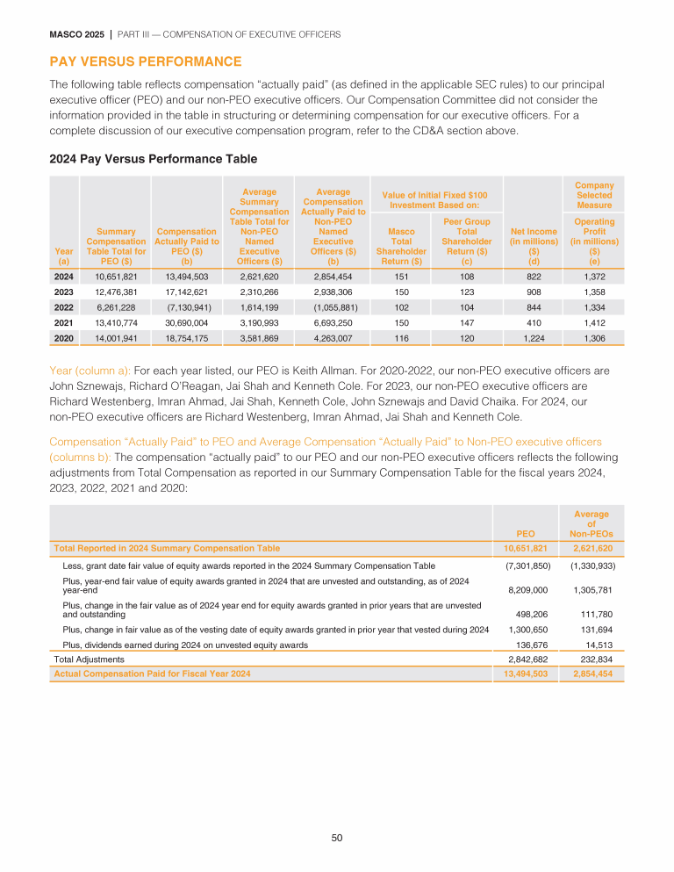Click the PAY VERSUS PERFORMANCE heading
point(146,61)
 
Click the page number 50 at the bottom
point(337,838)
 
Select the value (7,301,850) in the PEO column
point(527,566)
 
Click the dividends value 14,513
point(594,645)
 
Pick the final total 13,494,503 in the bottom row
point(521,674)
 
